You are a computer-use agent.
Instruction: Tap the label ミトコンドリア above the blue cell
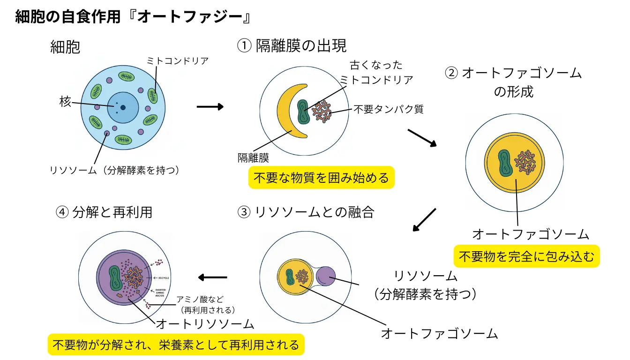tap(177, 60)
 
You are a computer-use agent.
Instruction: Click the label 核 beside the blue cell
tap(65, 101)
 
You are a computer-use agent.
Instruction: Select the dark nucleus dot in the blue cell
tap(123, 107)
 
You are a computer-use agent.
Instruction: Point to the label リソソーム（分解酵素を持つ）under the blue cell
tap(115, 170)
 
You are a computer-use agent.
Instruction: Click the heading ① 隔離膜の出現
tap(292, 46)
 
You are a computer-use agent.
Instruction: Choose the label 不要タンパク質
tap(388, 109)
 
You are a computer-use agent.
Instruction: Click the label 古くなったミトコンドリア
tap(376, 72)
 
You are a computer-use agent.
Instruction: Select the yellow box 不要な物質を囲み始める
tap(321, 178)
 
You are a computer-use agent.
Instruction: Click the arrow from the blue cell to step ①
tap(210, 107)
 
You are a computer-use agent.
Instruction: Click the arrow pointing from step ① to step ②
tap(422, 137)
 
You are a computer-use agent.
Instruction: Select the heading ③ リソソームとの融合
tap(306, 212)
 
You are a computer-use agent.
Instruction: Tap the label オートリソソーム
tap(205, 323)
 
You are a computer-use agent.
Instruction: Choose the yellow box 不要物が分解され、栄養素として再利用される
tap(176, 345)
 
